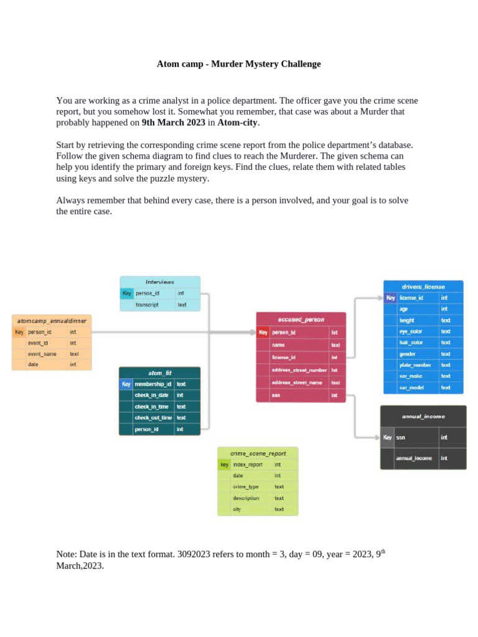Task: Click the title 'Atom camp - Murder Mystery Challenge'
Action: [x=238, y=63]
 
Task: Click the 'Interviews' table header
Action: [x=160, y=282]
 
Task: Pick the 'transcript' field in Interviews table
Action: [x=148, y=305]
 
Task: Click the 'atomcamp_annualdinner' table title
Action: [x=52, y=321]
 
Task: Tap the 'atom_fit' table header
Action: [x=160, y=373]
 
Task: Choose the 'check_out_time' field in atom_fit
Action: [x=153, y=417]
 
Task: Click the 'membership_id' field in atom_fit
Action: [x=152, y=384]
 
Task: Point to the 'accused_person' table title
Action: [x=301, y=319]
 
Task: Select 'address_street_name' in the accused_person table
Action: [x=297, y=383]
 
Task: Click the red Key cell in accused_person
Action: [x=263, y=332]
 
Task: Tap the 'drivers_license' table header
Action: [x=423, y=287]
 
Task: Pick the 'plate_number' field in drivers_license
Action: [x=415, y=365]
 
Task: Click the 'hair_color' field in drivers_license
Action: [x=411, y=342]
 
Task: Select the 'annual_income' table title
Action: [x=423, y=416]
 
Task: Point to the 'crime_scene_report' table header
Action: [x=258, y=453]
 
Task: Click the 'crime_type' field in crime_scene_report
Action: [x=245, y=487]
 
